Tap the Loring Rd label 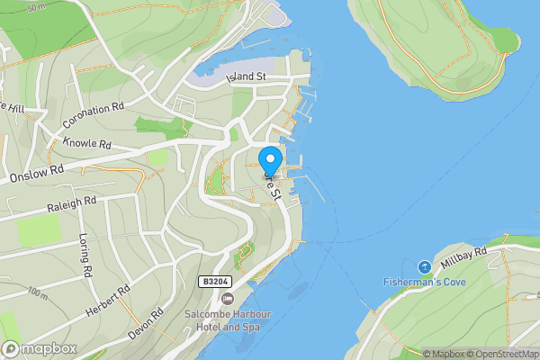click(x=85, y=256)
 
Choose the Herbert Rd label click(x=109, y=300)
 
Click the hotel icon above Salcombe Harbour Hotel click(x=227, y=298)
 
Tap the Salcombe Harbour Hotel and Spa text click(x=227, y=320)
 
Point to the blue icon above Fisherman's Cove click(x=424, y=267)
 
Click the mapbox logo click(x=39, y=348)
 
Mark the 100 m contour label click(x=38, y=292)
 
